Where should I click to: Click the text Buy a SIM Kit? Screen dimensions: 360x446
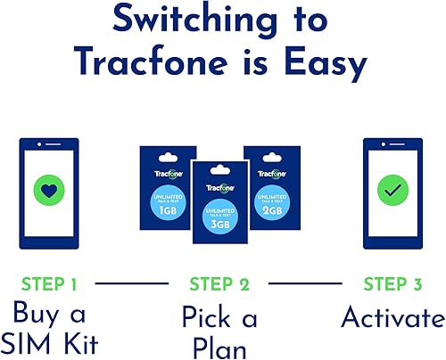click(59, 329)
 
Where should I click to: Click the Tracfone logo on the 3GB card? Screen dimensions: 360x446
click(220, 188)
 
